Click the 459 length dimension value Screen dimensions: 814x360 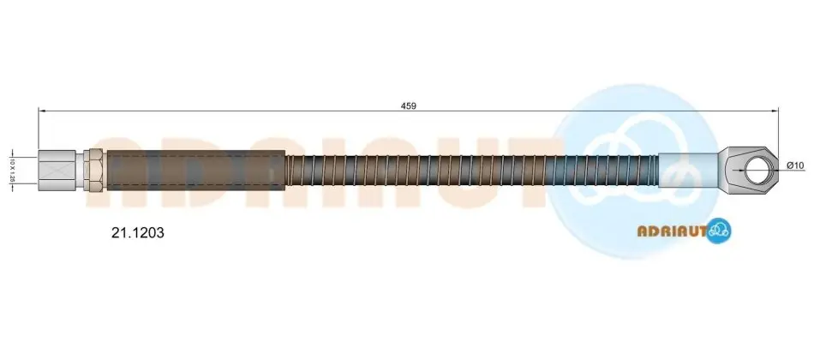(408, 106)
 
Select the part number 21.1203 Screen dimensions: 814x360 (138, 233)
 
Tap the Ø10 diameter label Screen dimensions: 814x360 (795, 165)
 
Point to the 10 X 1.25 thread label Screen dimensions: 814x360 (12, 170)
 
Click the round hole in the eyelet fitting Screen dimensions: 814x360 (757, 170)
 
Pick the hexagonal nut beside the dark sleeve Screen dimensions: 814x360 (95, 171)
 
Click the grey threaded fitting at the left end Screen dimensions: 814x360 (57, 170)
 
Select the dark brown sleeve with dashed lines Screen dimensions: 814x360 (195, 171)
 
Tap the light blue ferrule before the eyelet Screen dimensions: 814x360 (690, 170)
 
